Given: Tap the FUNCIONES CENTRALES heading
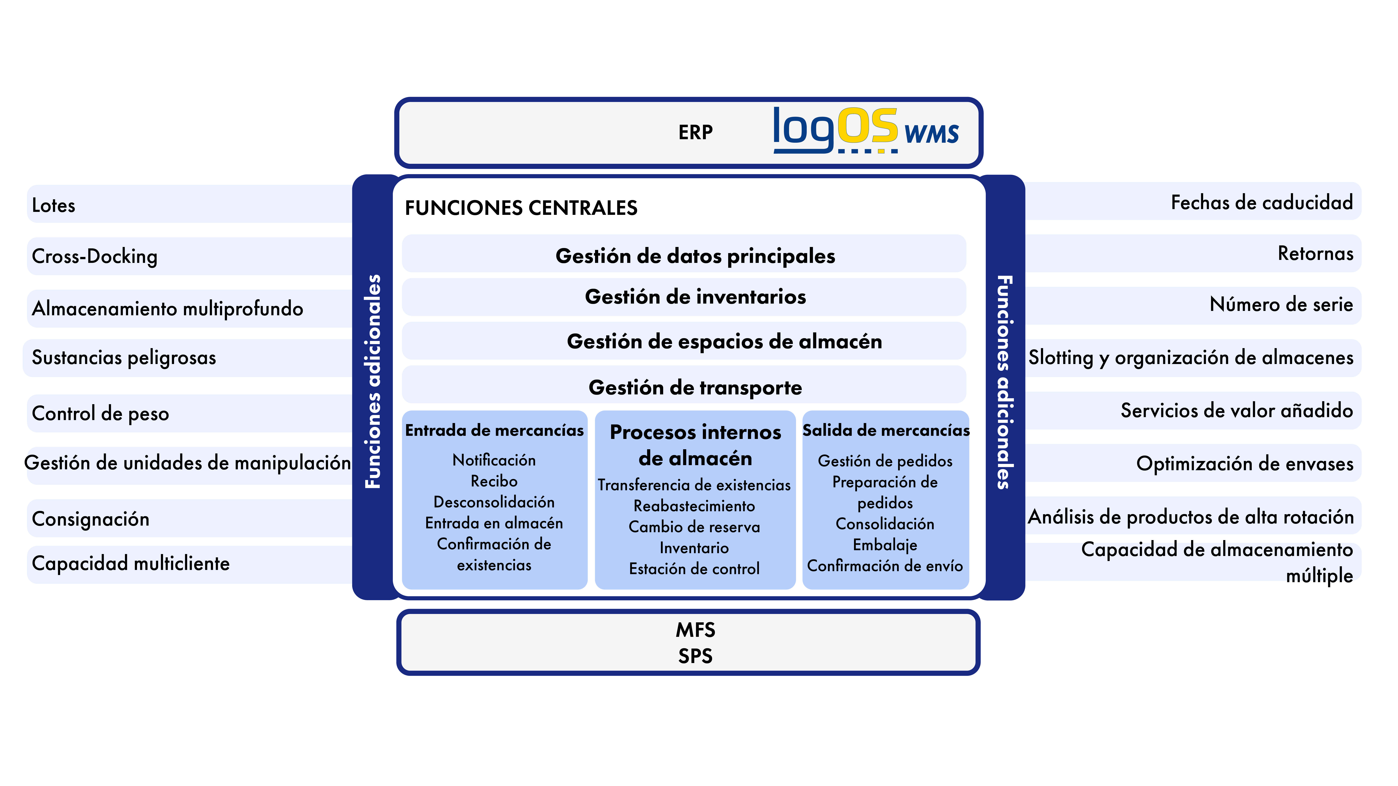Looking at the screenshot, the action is [521, 208].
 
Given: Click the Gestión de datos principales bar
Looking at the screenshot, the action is [684, 253].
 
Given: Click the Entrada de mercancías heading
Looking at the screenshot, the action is [494, 430].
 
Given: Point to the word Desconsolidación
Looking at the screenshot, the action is [494, 502].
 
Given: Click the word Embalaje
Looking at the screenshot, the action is [885, 545].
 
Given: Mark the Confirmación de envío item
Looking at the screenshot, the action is [885, 566].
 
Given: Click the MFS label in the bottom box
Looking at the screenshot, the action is [695, 630].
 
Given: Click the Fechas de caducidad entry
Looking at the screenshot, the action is [1262, 202].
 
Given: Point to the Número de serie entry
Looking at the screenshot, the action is [1281, 304].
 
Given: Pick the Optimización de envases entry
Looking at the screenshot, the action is [1245, 464].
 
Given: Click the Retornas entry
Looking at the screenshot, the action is [1316, 253].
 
